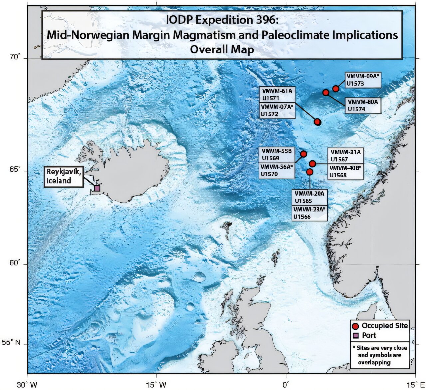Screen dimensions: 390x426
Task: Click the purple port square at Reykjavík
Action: (97, 188)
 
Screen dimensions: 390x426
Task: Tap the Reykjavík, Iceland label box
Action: (63, 177)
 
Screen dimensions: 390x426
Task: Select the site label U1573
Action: (355, 84)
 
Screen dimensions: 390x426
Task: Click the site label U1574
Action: (356, 109)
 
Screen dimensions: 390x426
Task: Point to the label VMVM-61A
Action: (277, 91)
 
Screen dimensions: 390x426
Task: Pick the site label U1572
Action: (270, 114)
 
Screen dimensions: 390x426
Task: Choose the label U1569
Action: (270, 158)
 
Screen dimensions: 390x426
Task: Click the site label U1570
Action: (269, 174)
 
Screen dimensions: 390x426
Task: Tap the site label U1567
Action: (339, 159)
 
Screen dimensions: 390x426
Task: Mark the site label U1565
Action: (303, 201)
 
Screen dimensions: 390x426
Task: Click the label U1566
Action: (302, 217)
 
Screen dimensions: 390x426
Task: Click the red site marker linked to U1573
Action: (336, 89)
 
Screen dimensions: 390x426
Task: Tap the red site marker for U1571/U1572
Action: (318, 122)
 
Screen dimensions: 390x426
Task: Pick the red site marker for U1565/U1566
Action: (310, 172)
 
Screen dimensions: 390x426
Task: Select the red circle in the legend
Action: (355, 326)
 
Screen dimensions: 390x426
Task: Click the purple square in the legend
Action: (355, 335)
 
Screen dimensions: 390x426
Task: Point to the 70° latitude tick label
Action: (15, 57)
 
